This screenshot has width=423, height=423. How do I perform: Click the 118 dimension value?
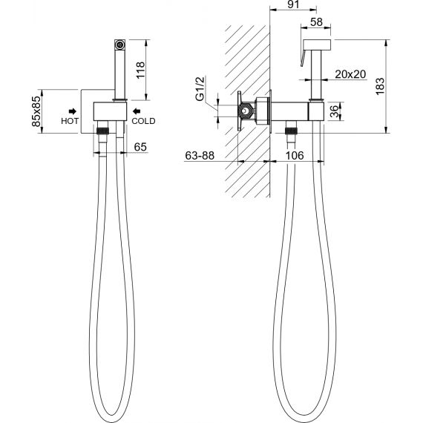tap(140, 70)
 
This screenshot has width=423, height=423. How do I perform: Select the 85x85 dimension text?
tap(36, 111)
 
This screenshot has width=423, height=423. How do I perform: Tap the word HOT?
tap(70, 121)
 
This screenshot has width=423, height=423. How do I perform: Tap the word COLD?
tap(143, 121)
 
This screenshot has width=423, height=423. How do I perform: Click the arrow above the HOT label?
tap(73, 111)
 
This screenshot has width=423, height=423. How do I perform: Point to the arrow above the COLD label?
tap(137, 111)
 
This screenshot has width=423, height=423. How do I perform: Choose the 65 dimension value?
tap(140, 147)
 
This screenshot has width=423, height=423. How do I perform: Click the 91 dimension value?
tap(293, 4)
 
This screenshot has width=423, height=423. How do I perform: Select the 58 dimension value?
tap(316, 22)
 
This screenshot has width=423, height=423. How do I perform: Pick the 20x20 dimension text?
tap(350, 74)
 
